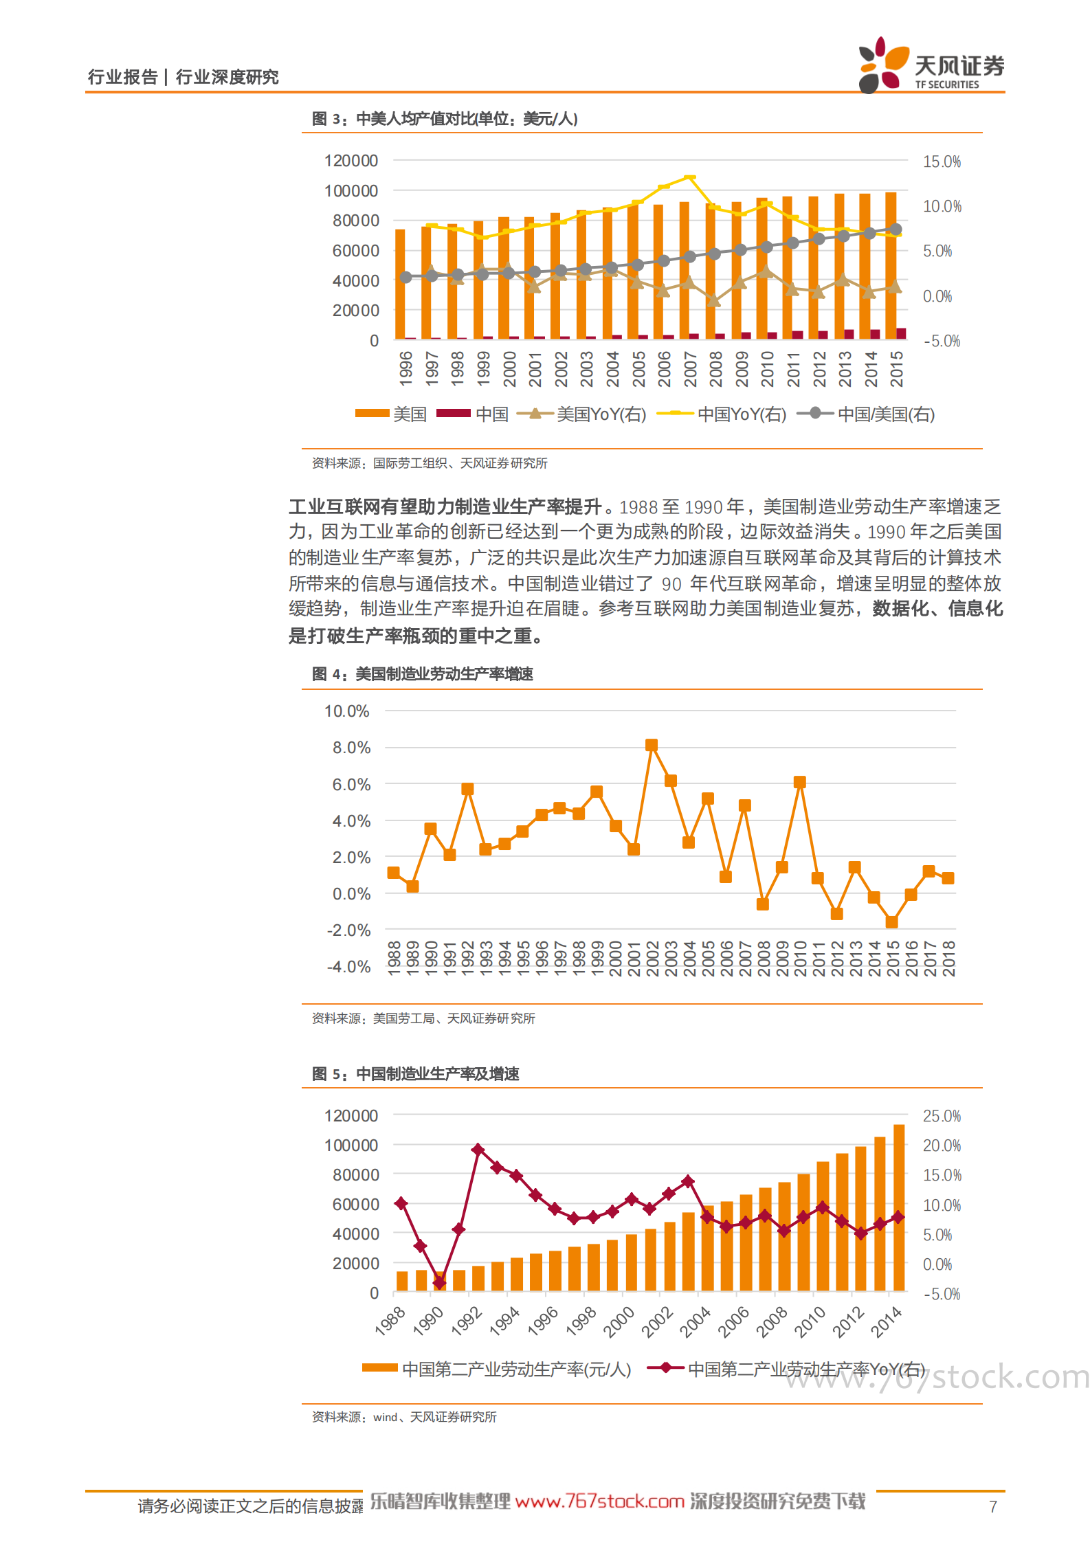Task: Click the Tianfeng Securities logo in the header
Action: pos(931,66)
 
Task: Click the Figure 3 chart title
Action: pos(444,119)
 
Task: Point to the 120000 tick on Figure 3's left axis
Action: pos(351,161)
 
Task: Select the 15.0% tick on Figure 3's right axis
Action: pos(941,161)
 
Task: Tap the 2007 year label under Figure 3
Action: pos(690,369)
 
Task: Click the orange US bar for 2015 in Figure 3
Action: pos(891,265)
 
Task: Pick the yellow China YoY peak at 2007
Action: pos(690,177)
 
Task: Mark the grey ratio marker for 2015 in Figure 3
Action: pos(896,230)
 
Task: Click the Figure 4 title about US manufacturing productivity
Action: pos(423,674)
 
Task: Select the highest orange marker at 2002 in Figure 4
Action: pos(652,745)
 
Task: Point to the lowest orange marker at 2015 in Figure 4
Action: pos(891,922)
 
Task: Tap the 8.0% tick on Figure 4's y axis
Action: pos(351,748)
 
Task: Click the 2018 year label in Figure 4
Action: pos(948,959)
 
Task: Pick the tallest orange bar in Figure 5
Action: pos(898,1207)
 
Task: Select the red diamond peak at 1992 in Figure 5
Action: pos(478,1149)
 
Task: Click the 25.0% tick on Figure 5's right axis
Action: pos(942,1116)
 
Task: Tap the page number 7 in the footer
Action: pos(992,1507)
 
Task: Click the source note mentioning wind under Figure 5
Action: pos(404,1417)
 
